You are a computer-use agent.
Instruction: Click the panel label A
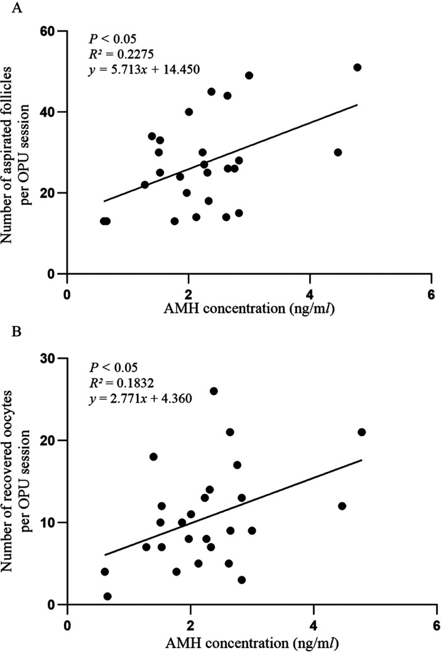[17, 9]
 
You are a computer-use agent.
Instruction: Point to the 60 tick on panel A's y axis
[62, 31]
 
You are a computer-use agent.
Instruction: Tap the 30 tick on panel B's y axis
[62, 358]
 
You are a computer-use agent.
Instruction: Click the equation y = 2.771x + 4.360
[140, 398]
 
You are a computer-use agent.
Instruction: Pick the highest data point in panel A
[357, 67]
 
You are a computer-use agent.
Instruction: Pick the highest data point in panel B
[214, 391]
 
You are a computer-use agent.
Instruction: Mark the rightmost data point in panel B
[361, 432]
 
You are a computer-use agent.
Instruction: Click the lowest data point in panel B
[107, 596]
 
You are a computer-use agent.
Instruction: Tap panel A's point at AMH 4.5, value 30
[338, 153]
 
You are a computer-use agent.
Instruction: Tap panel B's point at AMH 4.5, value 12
[342, 506]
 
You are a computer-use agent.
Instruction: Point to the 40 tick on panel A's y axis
[62, 112]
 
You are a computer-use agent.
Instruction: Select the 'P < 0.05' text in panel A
[112, 39]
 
